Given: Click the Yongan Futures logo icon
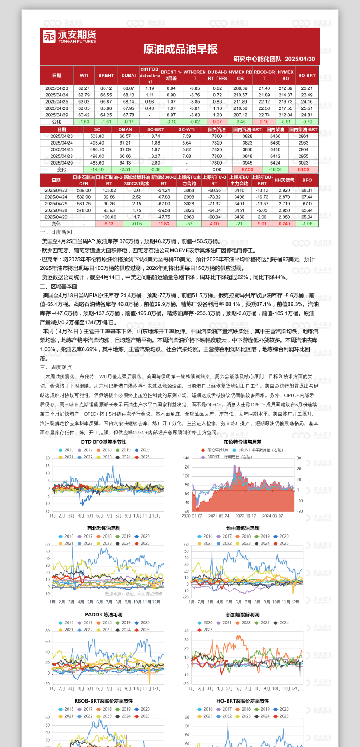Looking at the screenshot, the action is (49, 36).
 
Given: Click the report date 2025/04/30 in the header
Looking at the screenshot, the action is (300, 59).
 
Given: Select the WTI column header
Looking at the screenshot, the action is (84, 76).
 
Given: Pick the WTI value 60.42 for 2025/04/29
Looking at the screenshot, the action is (84, 115).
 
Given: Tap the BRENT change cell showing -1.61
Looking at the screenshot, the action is (106, 122).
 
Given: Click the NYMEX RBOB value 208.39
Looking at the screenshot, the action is (240, 88).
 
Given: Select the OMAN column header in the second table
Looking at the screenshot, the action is (125, 130).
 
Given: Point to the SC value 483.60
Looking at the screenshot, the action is (97, 163).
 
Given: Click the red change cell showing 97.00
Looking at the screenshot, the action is (248, 169).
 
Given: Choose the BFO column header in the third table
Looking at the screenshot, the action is (307, 180).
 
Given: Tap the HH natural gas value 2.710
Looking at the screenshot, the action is (284, 204).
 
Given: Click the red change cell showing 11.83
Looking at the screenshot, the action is (164, 224).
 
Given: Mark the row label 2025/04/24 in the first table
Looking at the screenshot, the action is (56, 95).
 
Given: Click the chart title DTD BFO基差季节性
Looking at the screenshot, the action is (104, 442).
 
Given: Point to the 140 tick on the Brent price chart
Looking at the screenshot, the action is (186, 458).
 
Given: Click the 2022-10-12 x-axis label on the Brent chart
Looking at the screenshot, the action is (246, 516).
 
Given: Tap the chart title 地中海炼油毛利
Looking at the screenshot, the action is (243, 528).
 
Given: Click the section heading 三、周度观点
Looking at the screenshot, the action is (56, 367).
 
